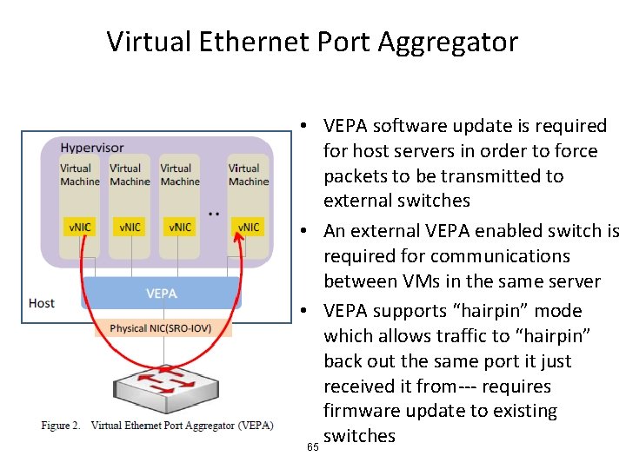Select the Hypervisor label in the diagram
tap(92, 148)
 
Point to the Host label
tap(42, 303)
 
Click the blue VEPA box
tap(162, 294)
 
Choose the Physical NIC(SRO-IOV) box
tap(160, 329)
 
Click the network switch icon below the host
tap(163, 382)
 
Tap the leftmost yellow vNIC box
tap(80, 228)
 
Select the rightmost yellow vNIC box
tap(248, 228)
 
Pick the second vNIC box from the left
tap(130, 228)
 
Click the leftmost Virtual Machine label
tap(79, 175)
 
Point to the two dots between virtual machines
tap(214, 213)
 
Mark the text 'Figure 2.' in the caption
tap(61, 426)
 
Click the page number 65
tap(312, 447)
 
